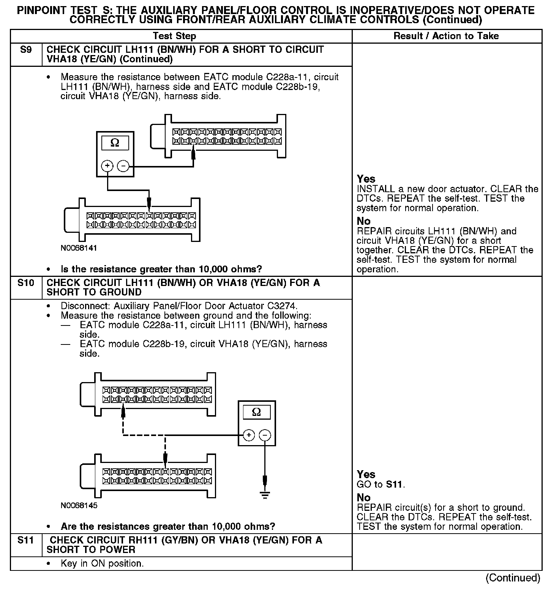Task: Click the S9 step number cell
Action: [25, 50]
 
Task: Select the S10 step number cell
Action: [25, 283]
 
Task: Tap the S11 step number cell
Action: [25, 540]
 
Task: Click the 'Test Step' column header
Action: [174, 36]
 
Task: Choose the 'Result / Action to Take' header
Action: [446, 36]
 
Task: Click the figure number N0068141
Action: [79, 248]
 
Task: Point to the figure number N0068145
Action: [79, 506]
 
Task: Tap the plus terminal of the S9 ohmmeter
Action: [107, 166]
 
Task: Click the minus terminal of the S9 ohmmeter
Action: [123, 166]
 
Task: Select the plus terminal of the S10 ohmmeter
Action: [249, 435]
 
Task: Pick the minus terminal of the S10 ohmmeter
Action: [265, 435]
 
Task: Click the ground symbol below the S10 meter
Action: [265, 494]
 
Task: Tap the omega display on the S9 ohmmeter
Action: [115, 143]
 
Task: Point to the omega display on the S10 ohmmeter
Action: [257, 412]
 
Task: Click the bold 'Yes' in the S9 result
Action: [366, 179]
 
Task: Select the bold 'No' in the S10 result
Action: [363, 498]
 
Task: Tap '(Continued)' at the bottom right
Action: [513, 578]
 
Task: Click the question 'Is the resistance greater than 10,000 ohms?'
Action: [161, 269]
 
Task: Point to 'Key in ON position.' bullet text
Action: [102, 563]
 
